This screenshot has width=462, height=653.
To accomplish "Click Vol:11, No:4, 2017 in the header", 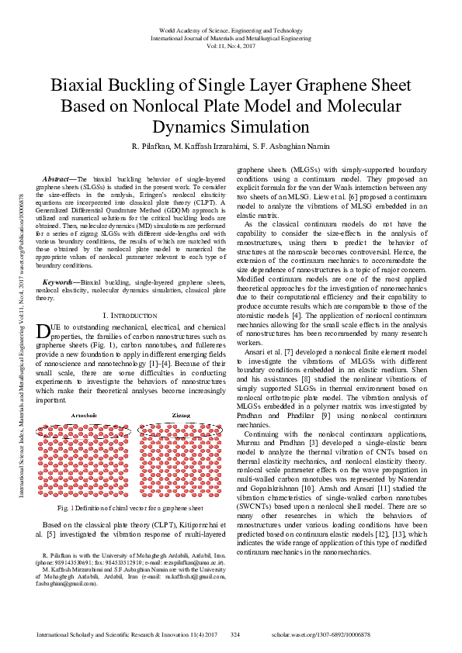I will (x=231, y=45).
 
